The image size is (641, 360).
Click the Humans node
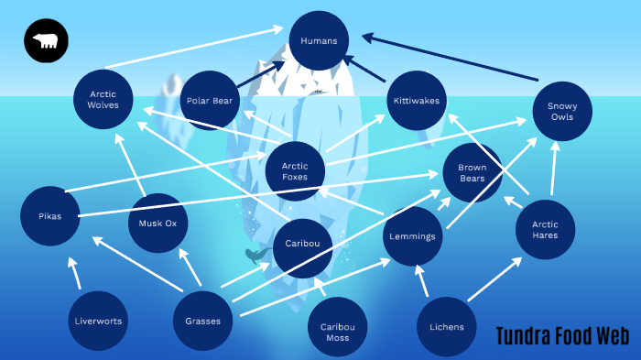[x=319, y=41]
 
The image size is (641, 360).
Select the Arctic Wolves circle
[x=103, y=99]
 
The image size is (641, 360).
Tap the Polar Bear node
[x=210, y=101]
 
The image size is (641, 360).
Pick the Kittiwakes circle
[x=417, y=100]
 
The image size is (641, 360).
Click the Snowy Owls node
[x=562, y=112]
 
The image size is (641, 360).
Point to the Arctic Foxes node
[x=295, y=171]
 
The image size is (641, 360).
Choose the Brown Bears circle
[x=473, y=173]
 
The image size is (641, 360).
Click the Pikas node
[x=50, y=216]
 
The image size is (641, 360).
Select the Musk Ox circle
[x=158, y=223]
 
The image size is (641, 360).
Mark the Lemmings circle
[x=413, y=235]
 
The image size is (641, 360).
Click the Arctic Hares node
[x=545, y=229]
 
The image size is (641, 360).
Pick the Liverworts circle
[x=98, y=321]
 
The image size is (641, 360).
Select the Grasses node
[x=203, y=321]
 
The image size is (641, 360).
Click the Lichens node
[x=446, y=327]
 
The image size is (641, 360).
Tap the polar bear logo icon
[x=45, y=41]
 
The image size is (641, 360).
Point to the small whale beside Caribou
[x=256, y=254]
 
